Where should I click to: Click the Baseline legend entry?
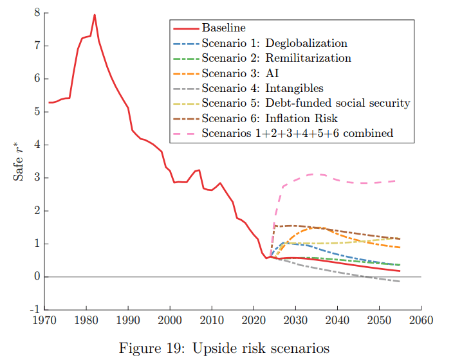[x=225, y=29]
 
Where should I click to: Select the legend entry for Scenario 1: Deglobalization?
[x=274, y=44]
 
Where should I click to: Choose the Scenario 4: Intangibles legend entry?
[x=263, y=88]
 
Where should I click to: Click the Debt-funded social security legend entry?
[x=306, y=103]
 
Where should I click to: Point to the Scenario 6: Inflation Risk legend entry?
[x=270, y=118]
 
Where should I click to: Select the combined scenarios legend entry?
[x=297, y=133]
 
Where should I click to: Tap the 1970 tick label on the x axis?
[x=44, y=319]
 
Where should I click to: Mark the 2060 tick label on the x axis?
[x=421, y=319]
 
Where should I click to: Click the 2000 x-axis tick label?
[x=170, y=319]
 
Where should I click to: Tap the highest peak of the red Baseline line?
[x=95, y=14]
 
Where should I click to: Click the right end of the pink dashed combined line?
[x=400, y=181]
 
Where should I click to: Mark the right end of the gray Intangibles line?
[x=400, y=282]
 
